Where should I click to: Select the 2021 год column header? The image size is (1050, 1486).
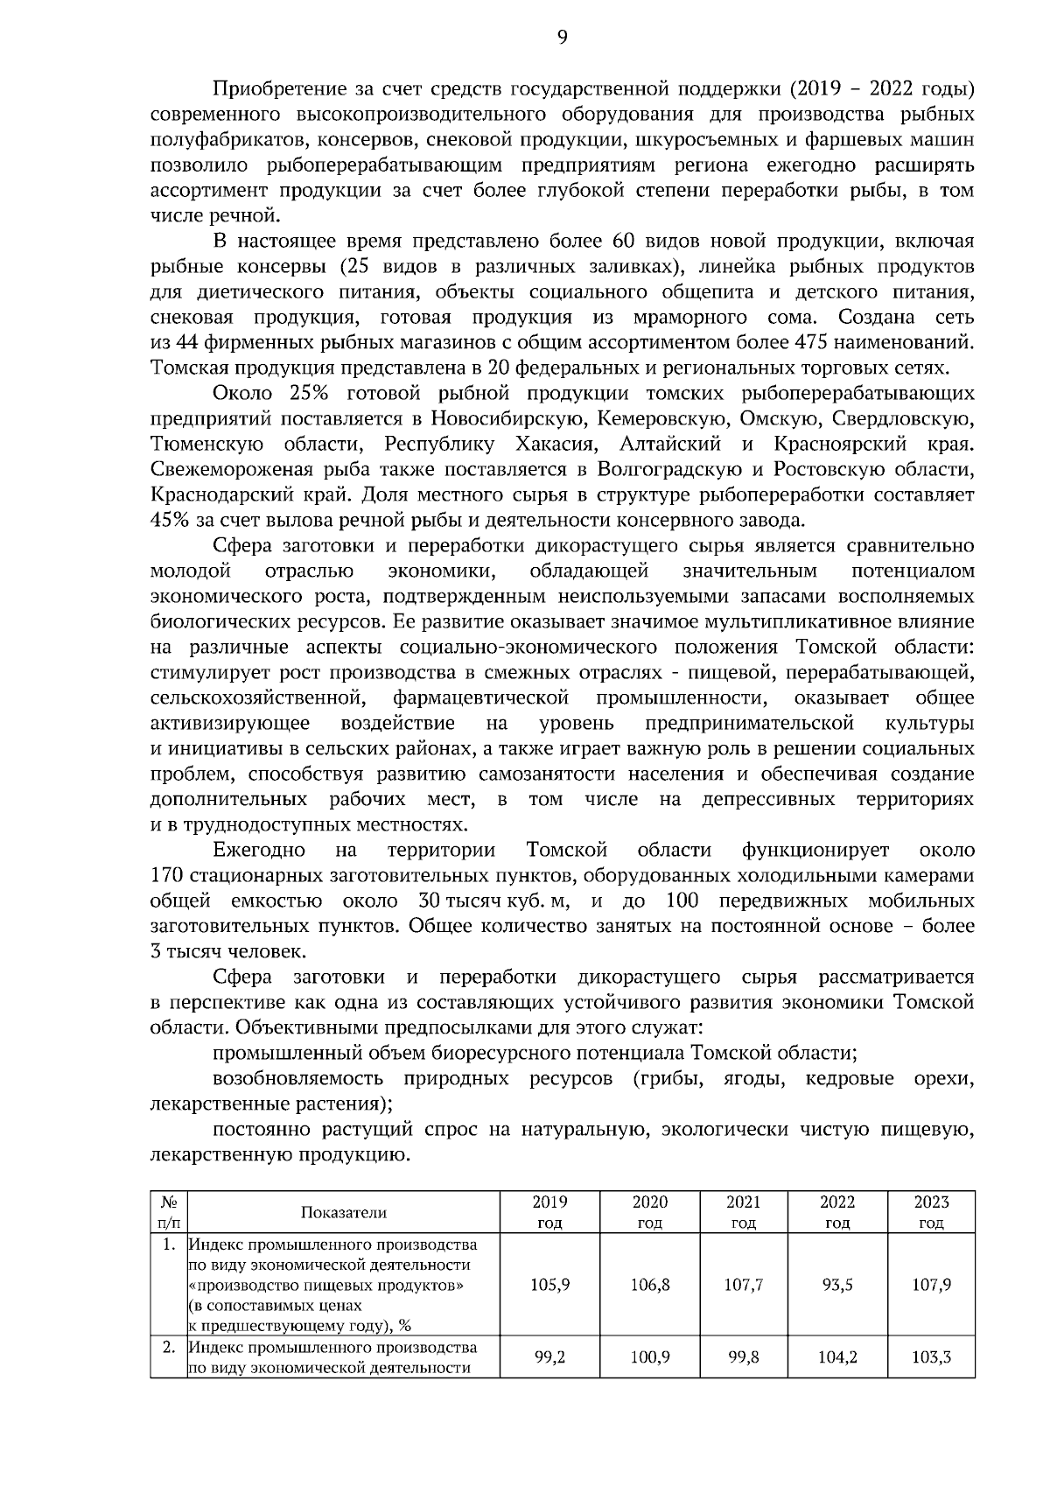point(743,1212)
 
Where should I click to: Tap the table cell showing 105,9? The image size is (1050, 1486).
point(550,1285)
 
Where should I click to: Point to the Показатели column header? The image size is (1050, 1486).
point(343,1212)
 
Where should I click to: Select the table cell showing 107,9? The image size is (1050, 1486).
point(932,1285)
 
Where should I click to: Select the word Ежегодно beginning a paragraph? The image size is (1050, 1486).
point(259,851)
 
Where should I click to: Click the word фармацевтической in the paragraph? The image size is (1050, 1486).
point(481,698)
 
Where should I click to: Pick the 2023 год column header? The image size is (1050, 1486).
point(932,1212)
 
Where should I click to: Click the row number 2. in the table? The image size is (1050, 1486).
point(169,1346)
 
